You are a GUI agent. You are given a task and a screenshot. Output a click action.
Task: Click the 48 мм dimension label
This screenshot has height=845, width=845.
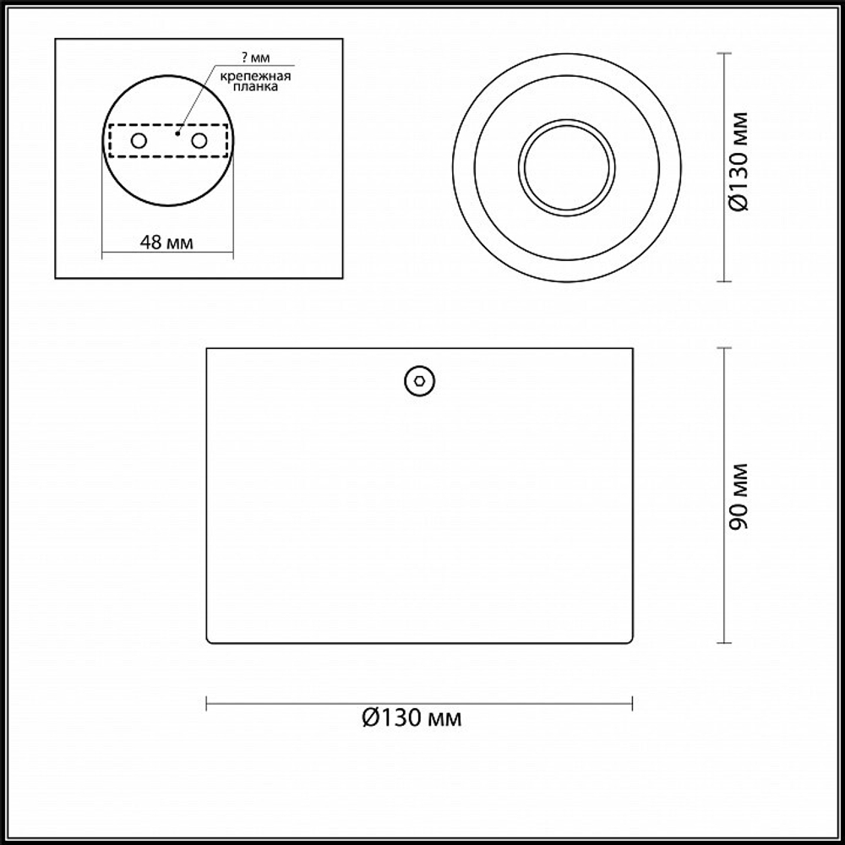point(166,243)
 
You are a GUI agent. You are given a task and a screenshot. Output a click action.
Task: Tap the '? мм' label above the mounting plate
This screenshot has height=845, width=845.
point(255,57)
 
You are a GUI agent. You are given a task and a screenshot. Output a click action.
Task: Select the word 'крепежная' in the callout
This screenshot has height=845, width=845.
point(255,76)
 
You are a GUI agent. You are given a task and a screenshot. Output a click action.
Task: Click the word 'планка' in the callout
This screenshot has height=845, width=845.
point(255,86)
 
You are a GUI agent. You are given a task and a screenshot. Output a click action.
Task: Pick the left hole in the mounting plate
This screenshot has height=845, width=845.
point(139,141)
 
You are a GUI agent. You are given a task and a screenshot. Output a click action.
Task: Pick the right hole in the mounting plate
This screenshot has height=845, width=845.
point(199,141)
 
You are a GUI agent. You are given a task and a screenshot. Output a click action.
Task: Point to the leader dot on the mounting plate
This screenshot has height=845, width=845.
point(177,134)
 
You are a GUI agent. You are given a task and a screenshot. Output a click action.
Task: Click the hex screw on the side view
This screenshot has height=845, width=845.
point(420,381)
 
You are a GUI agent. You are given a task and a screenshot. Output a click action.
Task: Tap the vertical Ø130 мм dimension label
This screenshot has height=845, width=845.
point(739,162)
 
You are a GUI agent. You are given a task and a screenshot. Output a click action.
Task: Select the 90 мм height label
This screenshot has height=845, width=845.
point(739,496)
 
